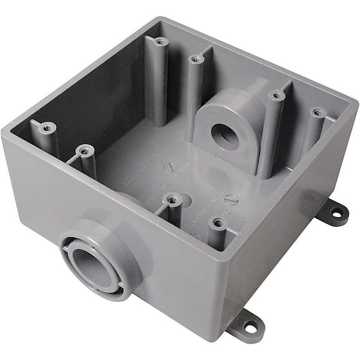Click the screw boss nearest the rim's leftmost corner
[46, 127]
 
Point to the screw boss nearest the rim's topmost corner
[160, 41]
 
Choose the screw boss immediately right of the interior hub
[275, 95]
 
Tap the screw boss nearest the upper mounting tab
[317, 112]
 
